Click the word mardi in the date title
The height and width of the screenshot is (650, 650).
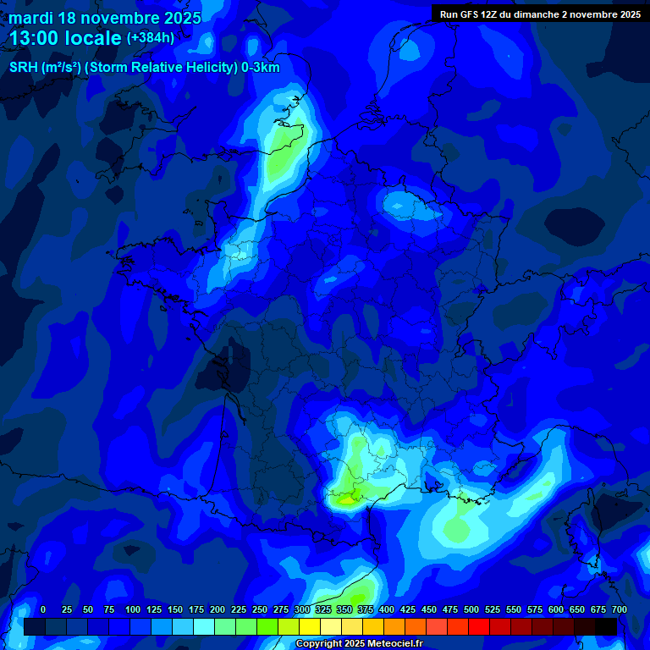pos(30,18)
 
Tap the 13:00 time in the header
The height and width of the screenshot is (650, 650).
pos(42,38)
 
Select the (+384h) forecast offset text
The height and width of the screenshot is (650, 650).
pos(151,38)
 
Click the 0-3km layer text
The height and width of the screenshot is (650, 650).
pos(261,68)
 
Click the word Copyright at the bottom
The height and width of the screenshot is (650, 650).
pos(321,644)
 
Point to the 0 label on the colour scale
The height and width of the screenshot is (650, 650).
pos(43,610)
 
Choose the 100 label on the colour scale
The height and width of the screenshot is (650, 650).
pos(133,610)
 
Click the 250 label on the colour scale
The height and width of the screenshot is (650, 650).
pos(260,610)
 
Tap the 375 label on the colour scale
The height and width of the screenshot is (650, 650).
pos(366,610)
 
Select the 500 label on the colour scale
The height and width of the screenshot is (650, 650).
pos(471,610)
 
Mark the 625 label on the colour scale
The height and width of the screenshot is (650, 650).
pos(577,610)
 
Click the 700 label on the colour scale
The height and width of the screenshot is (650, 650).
pos(619,610)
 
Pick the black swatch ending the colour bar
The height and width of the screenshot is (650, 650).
pos(606,626)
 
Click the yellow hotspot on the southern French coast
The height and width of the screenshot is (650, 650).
pos(345,499)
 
